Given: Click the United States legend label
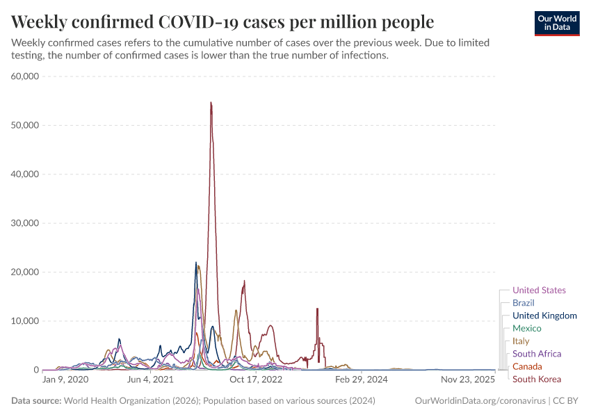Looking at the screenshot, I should [x=539, y=291].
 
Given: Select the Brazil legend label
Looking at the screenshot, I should [x=523, y=303].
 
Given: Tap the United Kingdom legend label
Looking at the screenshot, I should [x=544, y=316].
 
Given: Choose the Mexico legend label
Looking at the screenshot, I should [x=526, y=328].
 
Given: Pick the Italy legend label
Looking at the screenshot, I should [x=521, y=341].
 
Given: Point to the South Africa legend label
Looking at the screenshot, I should [x=536, y=354].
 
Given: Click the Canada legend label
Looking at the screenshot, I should [x=526, y=366].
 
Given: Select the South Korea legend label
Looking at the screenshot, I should [x=536, y=379].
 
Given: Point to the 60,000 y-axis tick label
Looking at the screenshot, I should [x=25, y=76].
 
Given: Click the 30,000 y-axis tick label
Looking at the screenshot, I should [x=25, y=223].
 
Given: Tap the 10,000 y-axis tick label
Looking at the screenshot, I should [x=25, y=321].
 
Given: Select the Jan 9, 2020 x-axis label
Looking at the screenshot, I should [x=65, y=380].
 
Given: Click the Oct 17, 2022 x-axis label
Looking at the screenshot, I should [x=256, y=380].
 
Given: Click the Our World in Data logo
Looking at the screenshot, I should [x=557, y=23].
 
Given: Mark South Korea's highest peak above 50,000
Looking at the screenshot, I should [x=211, y=103].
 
